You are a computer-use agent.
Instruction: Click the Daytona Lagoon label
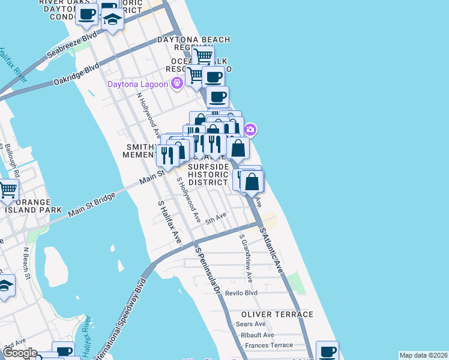(x=137, y=84)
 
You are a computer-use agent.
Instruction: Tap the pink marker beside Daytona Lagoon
(x=177, y=83)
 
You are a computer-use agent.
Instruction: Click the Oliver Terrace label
(x=277, y=314)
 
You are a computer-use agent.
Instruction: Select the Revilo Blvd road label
(x=241, y=293)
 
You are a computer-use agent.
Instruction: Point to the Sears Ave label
(x=251, y=324)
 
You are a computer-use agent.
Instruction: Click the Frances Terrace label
(x=269, y=346)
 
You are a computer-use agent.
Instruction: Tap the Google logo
(x=19, y=353)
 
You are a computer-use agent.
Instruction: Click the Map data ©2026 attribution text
(x=423, y=355)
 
